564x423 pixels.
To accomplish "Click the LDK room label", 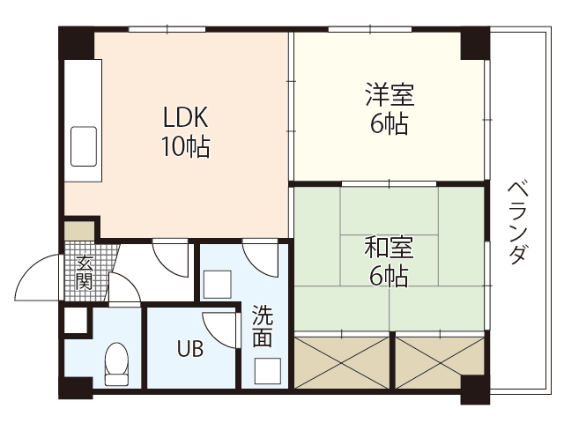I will [184, 116].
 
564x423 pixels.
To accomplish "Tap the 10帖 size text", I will [184, 146].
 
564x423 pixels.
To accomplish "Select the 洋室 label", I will [389, 94].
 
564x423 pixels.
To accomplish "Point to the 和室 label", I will [389, 247].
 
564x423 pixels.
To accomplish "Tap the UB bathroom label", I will [189, 349].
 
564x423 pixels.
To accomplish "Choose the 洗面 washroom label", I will [262, 326].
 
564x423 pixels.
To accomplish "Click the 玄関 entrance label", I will [85, 272].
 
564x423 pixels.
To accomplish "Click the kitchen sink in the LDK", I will [85, 145].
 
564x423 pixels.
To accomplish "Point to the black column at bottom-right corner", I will [474, 388].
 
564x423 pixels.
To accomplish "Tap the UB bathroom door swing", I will [222, 331].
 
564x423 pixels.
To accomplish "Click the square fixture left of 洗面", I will [216, 284].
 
